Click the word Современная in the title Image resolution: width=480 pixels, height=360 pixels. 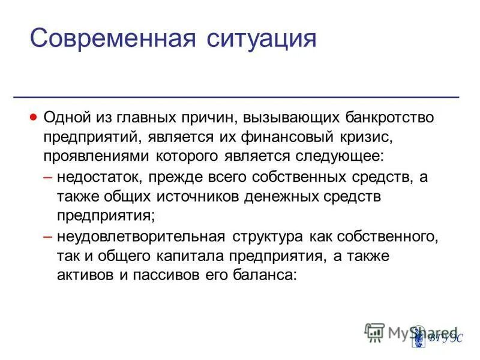click(x=114, y=39)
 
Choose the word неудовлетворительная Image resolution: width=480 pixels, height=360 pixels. click(x=140, y=236)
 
